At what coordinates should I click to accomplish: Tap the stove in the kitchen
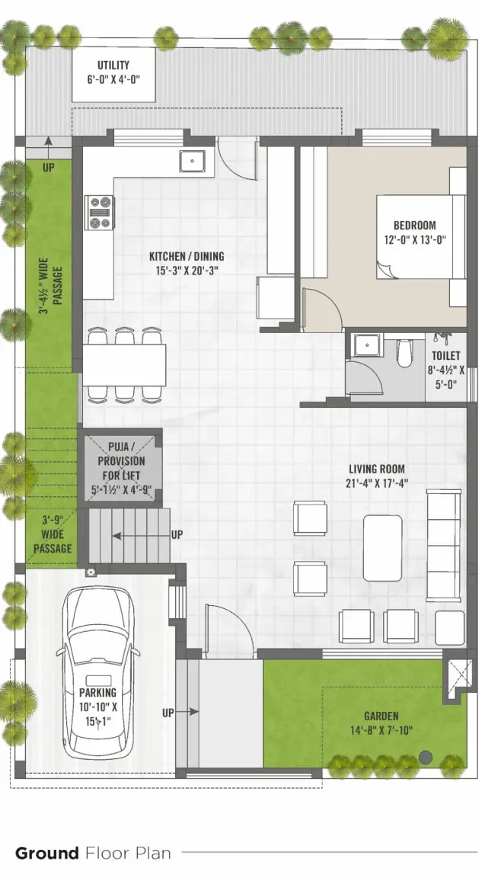[101, 213]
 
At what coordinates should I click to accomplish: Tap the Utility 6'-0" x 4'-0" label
[113, 72]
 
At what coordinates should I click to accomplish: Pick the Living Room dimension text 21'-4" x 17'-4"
[377, 482]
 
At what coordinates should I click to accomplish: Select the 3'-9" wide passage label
[53, 535]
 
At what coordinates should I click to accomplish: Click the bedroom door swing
[320, 305]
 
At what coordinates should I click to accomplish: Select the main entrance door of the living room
[228, 625]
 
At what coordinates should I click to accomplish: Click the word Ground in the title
[46, 853]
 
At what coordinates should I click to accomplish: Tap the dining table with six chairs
[124, 365]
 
